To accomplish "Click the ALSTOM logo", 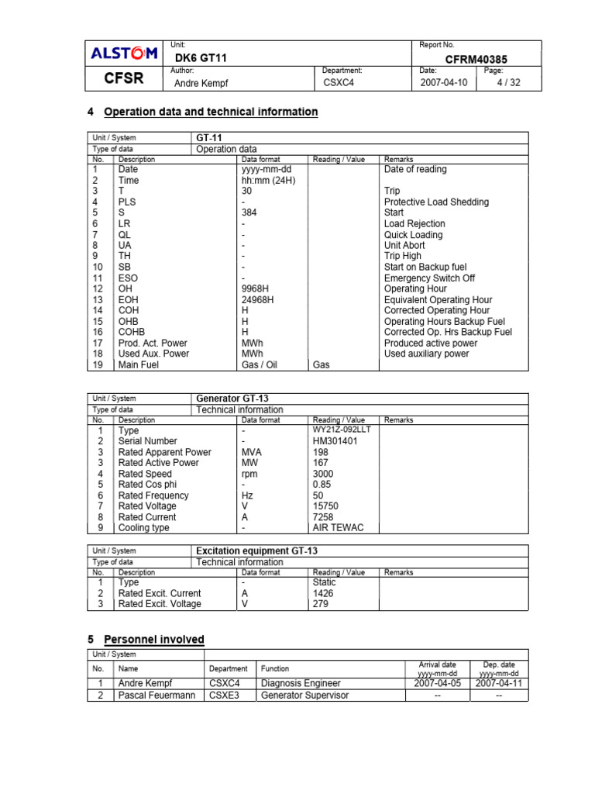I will [x=125, y=54].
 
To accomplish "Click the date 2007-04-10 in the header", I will [x=443, y=83].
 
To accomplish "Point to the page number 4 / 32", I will [x=509, y=83].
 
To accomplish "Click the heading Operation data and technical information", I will [x=211, y=112].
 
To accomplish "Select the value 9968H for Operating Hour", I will [x=255, y=288].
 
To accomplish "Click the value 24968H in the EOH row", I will [x=257, y=299].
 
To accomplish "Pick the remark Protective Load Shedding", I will [x=436, y=202].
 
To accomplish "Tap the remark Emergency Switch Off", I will [x=429, y=278].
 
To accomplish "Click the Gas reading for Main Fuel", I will [x=321, y=364].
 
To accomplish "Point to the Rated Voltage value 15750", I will [x=325, y=506].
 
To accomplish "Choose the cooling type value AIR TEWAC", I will [x=338, y=527].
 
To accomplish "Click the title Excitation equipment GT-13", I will [x=256, y=551].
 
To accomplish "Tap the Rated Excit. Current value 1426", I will [x=323, y=593].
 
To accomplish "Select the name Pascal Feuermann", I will [x=156, y=696].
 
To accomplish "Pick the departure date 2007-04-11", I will [x=499, y=684].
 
